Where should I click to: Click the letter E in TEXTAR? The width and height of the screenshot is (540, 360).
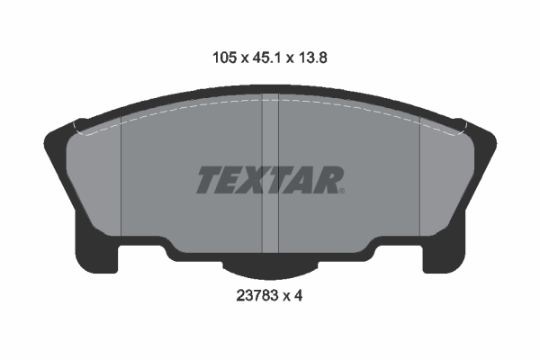click(229, 180)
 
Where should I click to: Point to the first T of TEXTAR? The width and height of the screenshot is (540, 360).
click(207, 180)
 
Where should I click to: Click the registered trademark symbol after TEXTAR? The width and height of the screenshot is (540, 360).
click(341, 190)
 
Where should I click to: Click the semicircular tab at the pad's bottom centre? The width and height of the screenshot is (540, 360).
click(270, 265)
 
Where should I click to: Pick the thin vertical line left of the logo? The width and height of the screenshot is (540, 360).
click(121, 180)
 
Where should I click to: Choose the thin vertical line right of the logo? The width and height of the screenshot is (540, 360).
click(420, 180)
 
